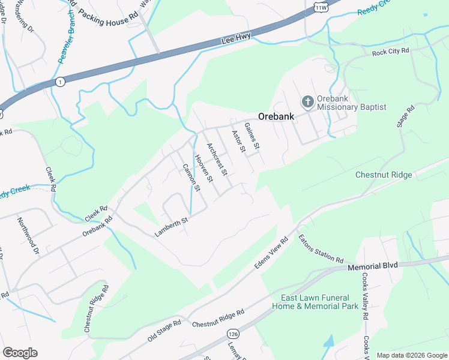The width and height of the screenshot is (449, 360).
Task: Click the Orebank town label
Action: [x=276, y=116]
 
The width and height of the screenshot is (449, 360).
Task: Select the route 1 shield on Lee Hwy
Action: [x=59, y=82]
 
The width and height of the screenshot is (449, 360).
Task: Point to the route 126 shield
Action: [x=233, y=332]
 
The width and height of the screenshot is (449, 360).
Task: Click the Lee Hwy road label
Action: [x=234, y=40]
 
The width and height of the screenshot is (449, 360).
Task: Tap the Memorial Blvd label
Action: [x=373, y=266]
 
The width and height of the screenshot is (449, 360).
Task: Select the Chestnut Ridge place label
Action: [x=384, y=175]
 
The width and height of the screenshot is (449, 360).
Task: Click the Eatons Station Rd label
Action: [x=320, y=248]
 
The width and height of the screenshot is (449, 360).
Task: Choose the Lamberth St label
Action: [x=172, y=227]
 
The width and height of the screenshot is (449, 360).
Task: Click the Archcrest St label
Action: [x=217, y=159]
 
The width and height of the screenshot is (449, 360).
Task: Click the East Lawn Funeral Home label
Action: [x=319, y=302]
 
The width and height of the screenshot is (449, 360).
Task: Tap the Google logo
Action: [x=20, y=353]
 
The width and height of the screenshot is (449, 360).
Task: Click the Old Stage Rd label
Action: [x=164, y=331]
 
